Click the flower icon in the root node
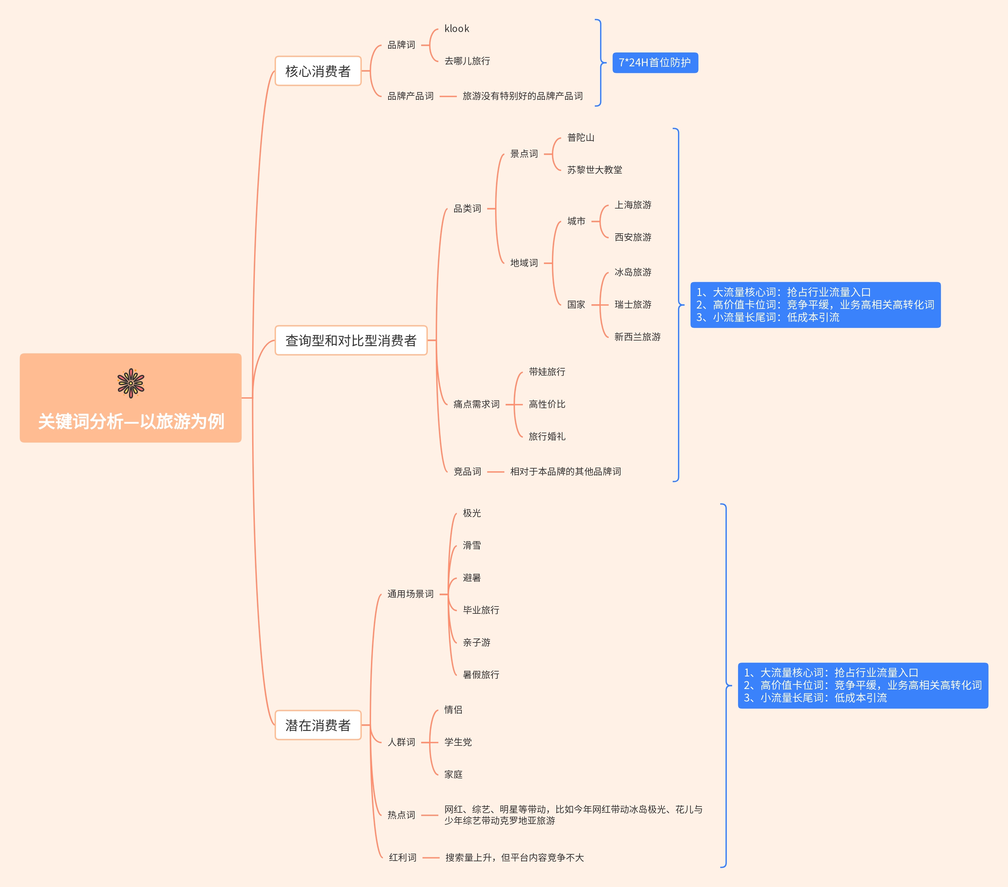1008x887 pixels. click(131, 383)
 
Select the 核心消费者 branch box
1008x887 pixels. click(318, 71)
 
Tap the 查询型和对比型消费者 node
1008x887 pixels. click(351, 340)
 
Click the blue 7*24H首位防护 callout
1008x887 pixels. click(655, 63)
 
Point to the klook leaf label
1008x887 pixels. click(457, 29)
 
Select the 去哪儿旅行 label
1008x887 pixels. click(467, 61)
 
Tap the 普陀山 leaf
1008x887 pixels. click(581, 138)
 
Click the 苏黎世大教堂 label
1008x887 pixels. click(594, 170)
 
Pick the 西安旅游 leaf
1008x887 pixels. click(633, 237)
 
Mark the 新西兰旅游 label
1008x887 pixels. click(637, 337)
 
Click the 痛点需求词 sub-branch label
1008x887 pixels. click(476, 404)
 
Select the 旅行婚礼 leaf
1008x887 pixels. click(547, 436)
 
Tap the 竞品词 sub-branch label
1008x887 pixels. click(467, 471)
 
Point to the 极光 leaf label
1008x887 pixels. click(471, 513)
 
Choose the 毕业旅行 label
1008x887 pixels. click(481, 610)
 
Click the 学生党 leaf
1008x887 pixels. click(458, 742)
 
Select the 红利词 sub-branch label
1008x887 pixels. click(402, 857)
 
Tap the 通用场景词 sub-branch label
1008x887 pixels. click(410, 594)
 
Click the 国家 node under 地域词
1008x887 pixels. click(576, 305)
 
